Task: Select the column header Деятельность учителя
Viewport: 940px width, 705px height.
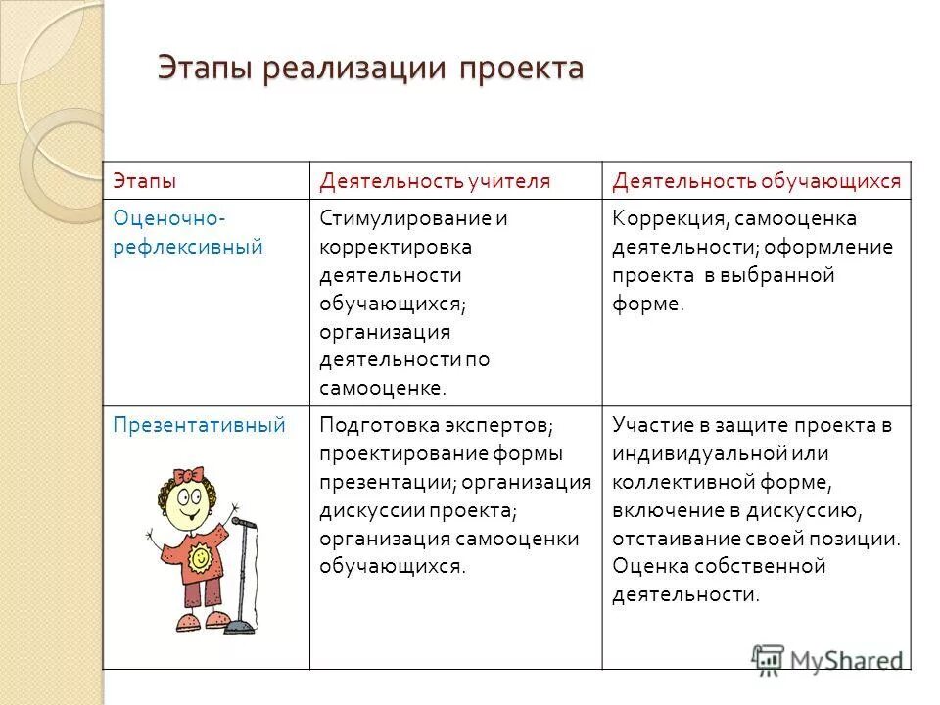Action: click(435, 181)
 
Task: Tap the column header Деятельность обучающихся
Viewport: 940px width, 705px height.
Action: click(755, 181)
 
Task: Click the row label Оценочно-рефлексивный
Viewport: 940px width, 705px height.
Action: click(188, 231)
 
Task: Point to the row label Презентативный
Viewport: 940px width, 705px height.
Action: click(199, 424)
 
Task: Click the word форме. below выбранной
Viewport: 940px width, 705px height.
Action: click(647, 303)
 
